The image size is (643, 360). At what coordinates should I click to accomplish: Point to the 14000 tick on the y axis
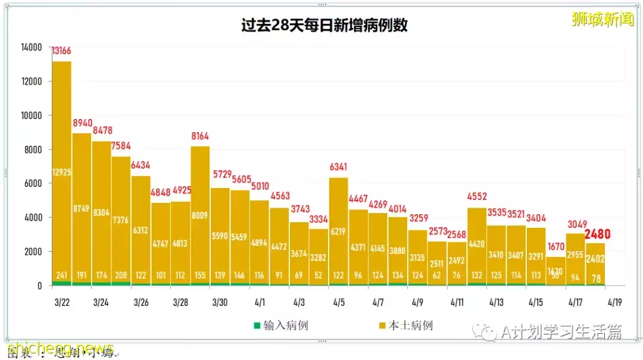(x=30, y=47)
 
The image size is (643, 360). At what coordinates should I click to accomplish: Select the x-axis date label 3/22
(x=62, y=302)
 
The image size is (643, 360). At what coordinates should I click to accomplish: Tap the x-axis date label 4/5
(x=339, y=302)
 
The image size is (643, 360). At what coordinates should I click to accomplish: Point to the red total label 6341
(x=339, y=167)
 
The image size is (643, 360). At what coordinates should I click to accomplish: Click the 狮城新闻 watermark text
(x=602, y=19)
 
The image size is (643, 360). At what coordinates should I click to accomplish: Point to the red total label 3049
(x=576, y=224)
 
